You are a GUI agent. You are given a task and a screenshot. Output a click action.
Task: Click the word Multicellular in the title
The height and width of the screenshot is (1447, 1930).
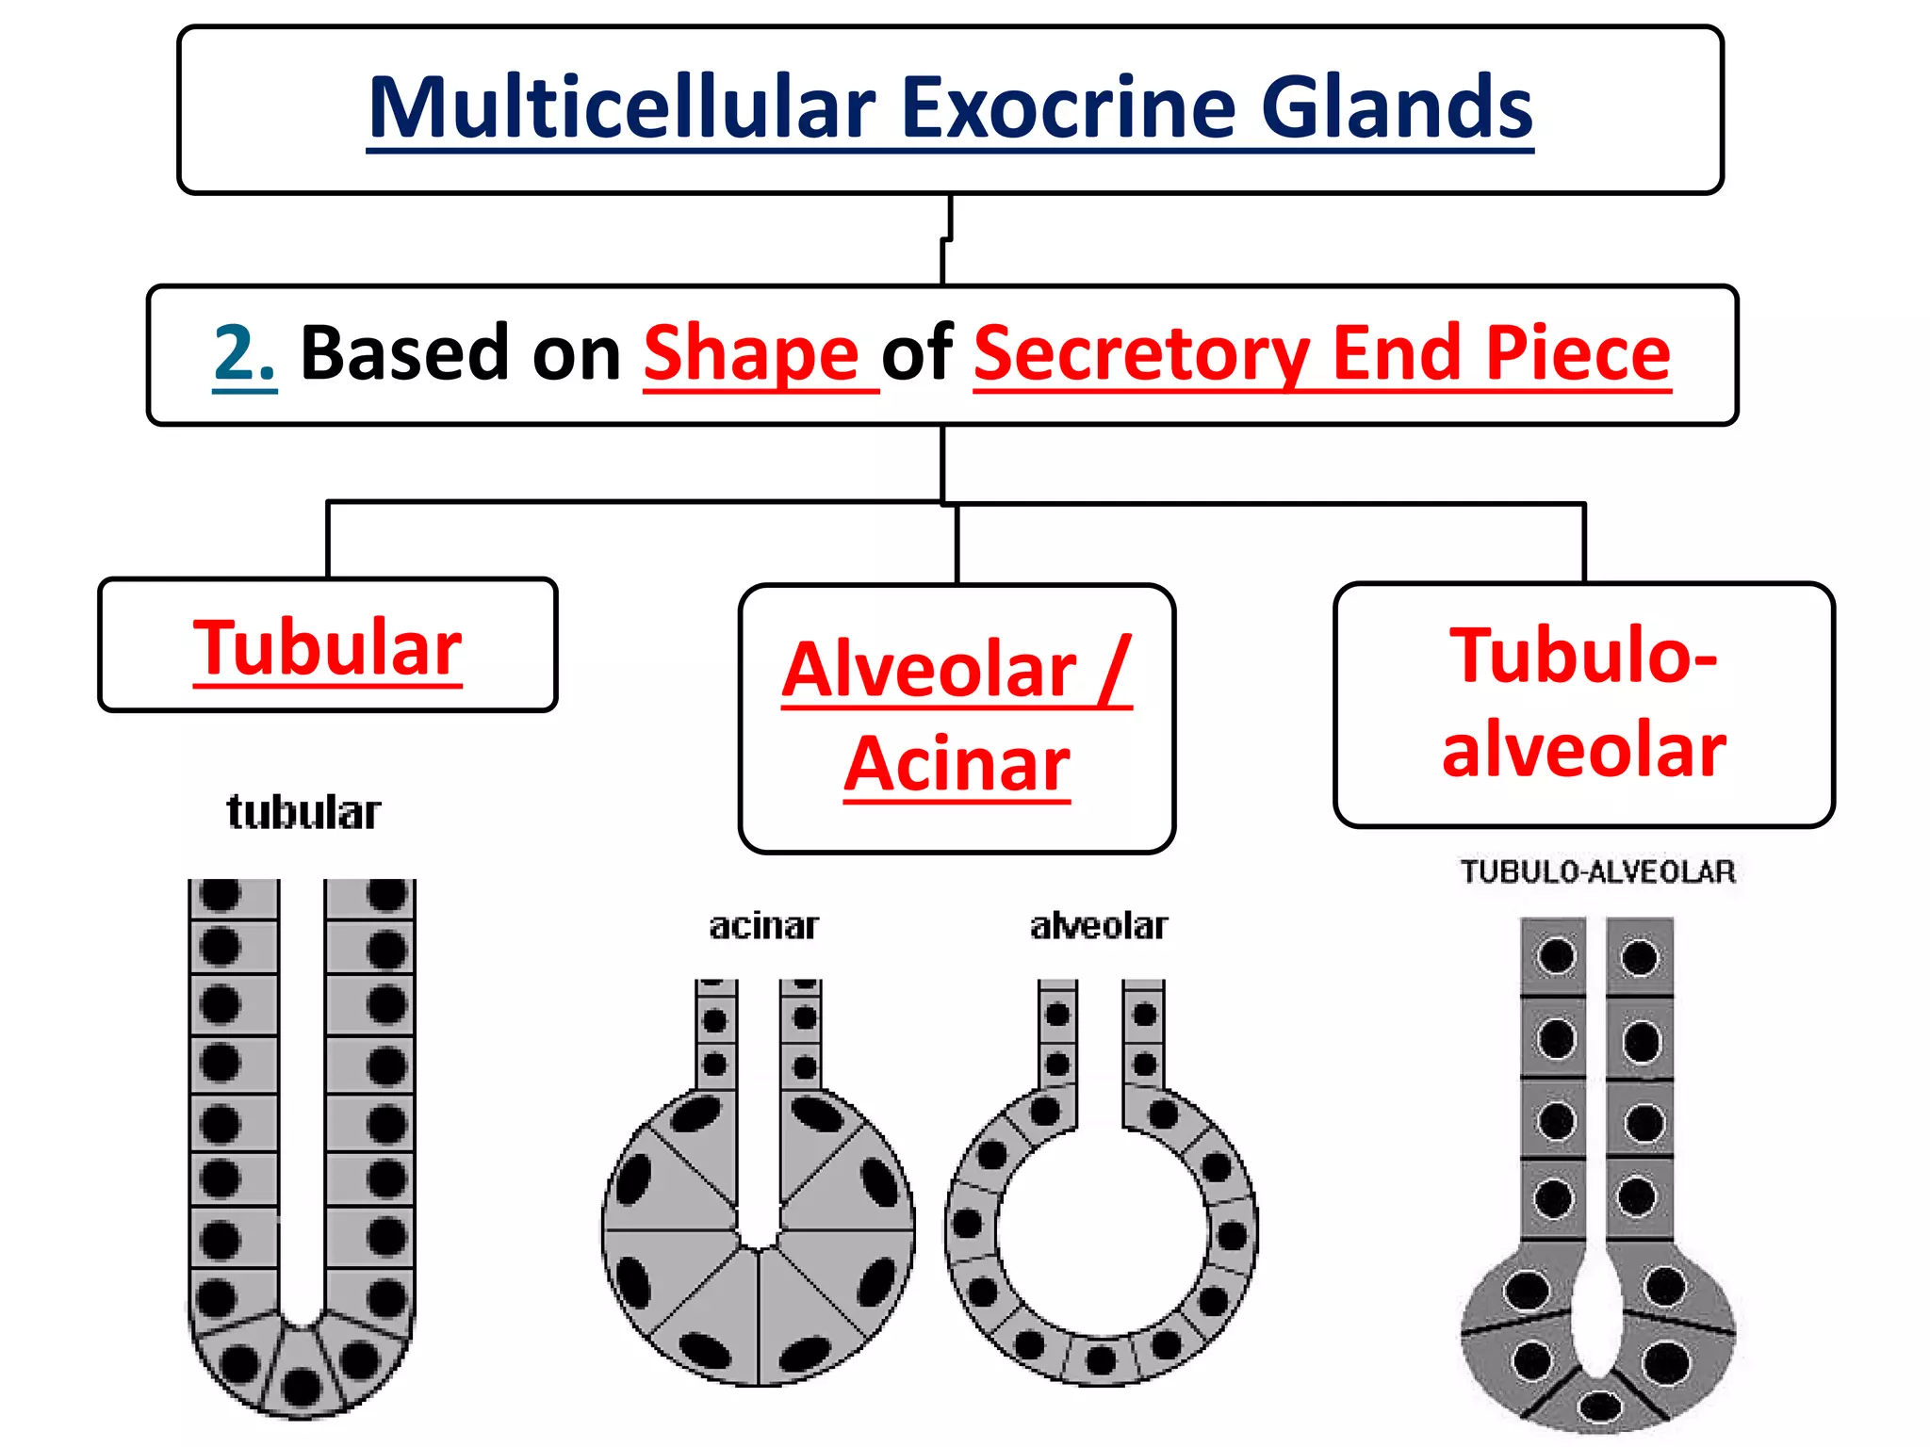tap(622, 108)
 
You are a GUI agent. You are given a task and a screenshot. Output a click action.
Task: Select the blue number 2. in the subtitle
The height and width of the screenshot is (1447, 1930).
tap(244, 354)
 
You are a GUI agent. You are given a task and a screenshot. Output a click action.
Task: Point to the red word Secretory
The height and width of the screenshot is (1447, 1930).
tap(1141, 354)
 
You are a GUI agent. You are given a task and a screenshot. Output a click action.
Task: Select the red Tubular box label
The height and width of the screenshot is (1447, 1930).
tap(327, 648)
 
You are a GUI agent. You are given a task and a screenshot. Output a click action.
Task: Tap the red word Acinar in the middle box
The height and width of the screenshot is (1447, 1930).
tap(957, 764)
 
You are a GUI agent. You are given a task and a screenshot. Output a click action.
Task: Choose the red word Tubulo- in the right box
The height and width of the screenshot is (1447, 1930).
tap(1583, 656)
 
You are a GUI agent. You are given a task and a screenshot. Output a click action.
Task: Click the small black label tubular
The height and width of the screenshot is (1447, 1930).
tap(303, 812)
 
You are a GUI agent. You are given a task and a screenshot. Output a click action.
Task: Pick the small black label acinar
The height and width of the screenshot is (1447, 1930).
tap(763, 926)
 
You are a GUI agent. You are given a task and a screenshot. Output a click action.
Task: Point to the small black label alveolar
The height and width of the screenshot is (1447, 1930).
tap(1099, 926)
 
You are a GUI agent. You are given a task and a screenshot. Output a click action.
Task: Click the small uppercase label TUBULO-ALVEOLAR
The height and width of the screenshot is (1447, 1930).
tap(1597, 871)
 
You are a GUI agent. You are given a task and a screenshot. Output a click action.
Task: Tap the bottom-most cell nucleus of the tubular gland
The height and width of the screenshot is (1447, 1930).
tap(302, 1387)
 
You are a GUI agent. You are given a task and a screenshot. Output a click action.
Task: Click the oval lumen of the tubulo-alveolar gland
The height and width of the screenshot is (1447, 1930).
tap(1596, 1319)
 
